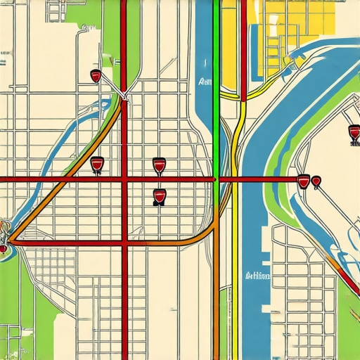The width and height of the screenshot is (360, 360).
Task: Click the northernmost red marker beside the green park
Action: click(x=96, y=76)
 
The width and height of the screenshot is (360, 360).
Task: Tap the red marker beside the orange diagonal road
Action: click(x=97, y=165)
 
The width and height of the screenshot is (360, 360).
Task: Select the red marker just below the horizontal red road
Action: click(x=159, y=197)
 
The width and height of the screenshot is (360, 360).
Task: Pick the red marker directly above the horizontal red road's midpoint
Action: click(x=159, y=165)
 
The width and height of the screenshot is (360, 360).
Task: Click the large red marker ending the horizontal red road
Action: click(x=303, y=181)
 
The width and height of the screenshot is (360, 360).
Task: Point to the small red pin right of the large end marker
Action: click(x=316, y=182)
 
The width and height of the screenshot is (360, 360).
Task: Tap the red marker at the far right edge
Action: click(x=354, y=131)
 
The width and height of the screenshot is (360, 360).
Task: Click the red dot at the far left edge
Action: click(x=3, y=248)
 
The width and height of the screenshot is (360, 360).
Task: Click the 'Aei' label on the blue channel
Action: click(x=205, y=82)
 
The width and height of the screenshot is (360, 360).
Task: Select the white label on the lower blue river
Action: click(x=257, y=276)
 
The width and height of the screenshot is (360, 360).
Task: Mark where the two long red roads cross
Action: click(x=124, y=180)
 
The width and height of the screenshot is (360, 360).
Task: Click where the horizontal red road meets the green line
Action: click(x=216, y=180)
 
